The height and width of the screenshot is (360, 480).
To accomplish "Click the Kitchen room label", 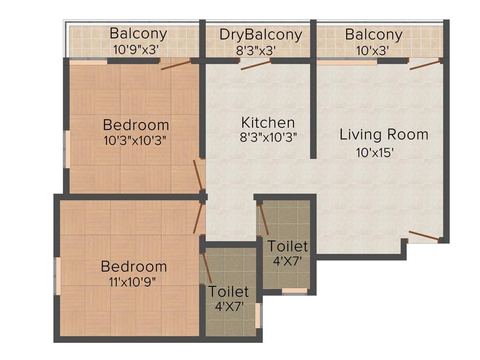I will (x=268, y=123).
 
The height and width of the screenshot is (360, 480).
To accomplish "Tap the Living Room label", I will (x=384, y=135).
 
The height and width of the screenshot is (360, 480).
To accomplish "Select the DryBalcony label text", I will (x=260, y=35).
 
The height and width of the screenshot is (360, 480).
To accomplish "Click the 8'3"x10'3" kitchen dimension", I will (x=268, y=137).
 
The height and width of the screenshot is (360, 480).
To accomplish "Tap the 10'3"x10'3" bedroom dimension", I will (x=135, y=140).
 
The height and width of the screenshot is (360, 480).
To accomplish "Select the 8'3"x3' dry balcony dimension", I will (x=256, y=50).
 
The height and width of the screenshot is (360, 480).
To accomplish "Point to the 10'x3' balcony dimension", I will (x=373, y=50).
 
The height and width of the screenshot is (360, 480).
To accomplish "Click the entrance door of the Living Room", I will (x=424, y=236).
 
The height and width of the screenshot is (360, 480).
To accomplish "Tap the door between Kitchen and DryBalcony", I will (x=256, y=65).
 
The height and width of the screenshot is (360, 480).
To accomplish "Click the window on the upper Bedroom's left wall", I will (x=68, y=149).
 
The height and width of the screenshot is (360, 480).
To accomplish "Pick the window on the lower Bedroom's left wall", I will (x=58, y=276).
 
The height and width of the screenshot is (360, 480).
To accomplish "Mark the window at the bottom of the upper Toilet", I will (x=294, y=291).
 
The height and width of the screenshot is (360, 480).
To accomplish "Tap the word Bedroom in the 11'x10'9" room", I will (x=134, y=267).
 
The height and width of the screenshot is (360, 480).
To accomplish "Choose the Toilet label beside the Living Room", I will (x=287, y=246).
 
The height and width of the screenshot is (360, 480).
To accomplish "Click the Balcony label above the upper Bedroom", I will (x=138, y=34).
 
